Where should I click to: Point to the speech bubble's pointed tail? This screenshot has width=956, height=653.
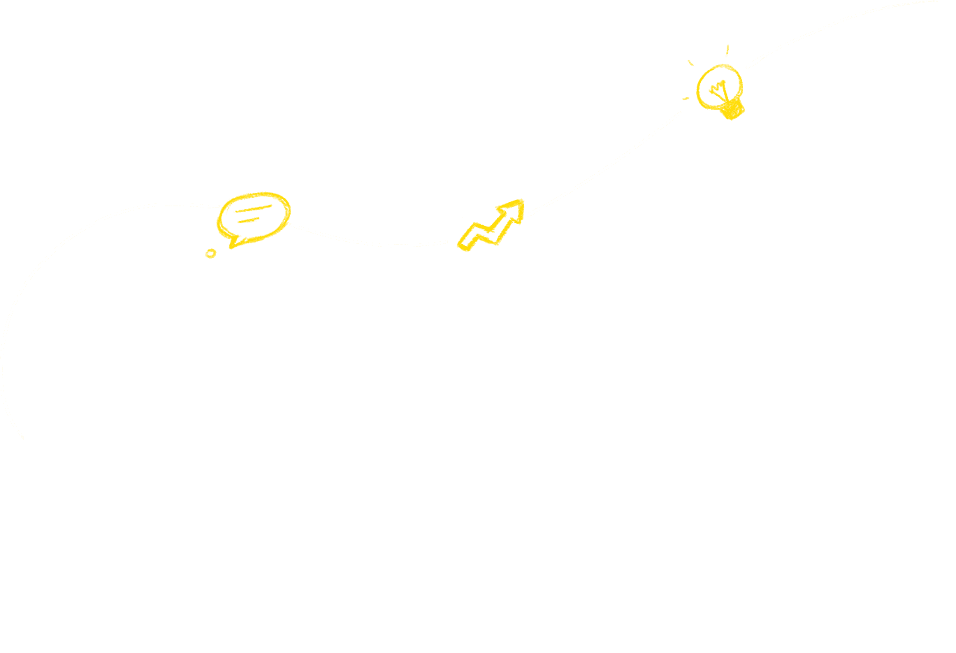(235, 243)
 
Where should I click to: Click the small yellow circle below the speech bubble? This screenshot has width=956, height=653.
(210, 253)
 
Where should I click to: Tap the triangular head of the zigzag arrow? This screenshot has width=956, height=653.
(514, 210)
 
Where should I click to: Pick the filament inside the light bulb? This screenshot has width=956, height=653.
(718, 90)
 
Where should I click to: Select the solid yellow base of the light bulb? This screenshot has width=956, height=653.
(732, 110)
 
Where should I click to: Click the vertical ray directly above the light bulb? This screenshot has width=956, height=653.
(727, 51)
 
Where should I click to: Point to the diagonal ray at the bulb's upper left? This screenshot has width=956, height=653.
(691, 63)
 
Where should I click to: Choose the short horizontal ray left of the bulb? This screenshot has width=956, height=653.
(686, 99)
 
